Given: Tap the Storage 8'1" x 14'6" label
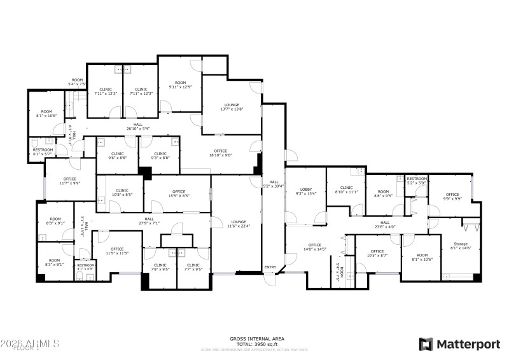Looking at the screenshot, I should pyautogui.click(x=460, y=246).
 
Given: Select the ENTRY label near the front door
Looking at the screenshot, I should pyautogui.click(x=270, y=267).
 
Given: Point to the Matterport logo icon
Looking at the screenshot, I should pyautogui.click(x=425, y=344).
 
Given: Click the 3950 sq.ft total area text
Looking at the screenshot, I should pyautogui.click(x=257, y=344).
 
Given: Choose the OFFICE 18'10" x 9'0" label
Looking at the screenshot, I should pyautogui.click(x=220, y=153).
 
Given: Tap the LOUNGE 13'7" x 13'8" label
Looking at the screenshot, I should pyautogui.click(x=232, y=106).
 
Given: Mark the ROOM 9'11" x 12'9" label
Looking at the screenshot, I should pyautogui.click(x=181, y=85).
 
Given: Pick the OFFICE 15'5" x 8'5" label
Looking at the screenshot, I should pyautogui.click(x=178, y=193).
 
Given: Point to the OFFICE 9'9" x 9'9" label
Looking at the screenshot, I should pyautogui.click(x=452, y=197).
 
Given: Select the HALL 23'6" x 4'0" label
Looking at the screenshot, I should pyautogui.click(x=385, y=225).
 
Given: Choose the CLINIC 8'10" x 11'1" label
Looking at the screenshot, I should pyautogui.click(x=346, y=190).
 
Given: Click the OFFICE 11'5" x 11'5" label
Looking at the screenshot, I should pyautogui.click(x=117, y=251).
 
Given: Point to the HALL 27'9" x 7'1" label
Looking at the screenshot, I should pyautogui.click(x=149, y=221).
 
